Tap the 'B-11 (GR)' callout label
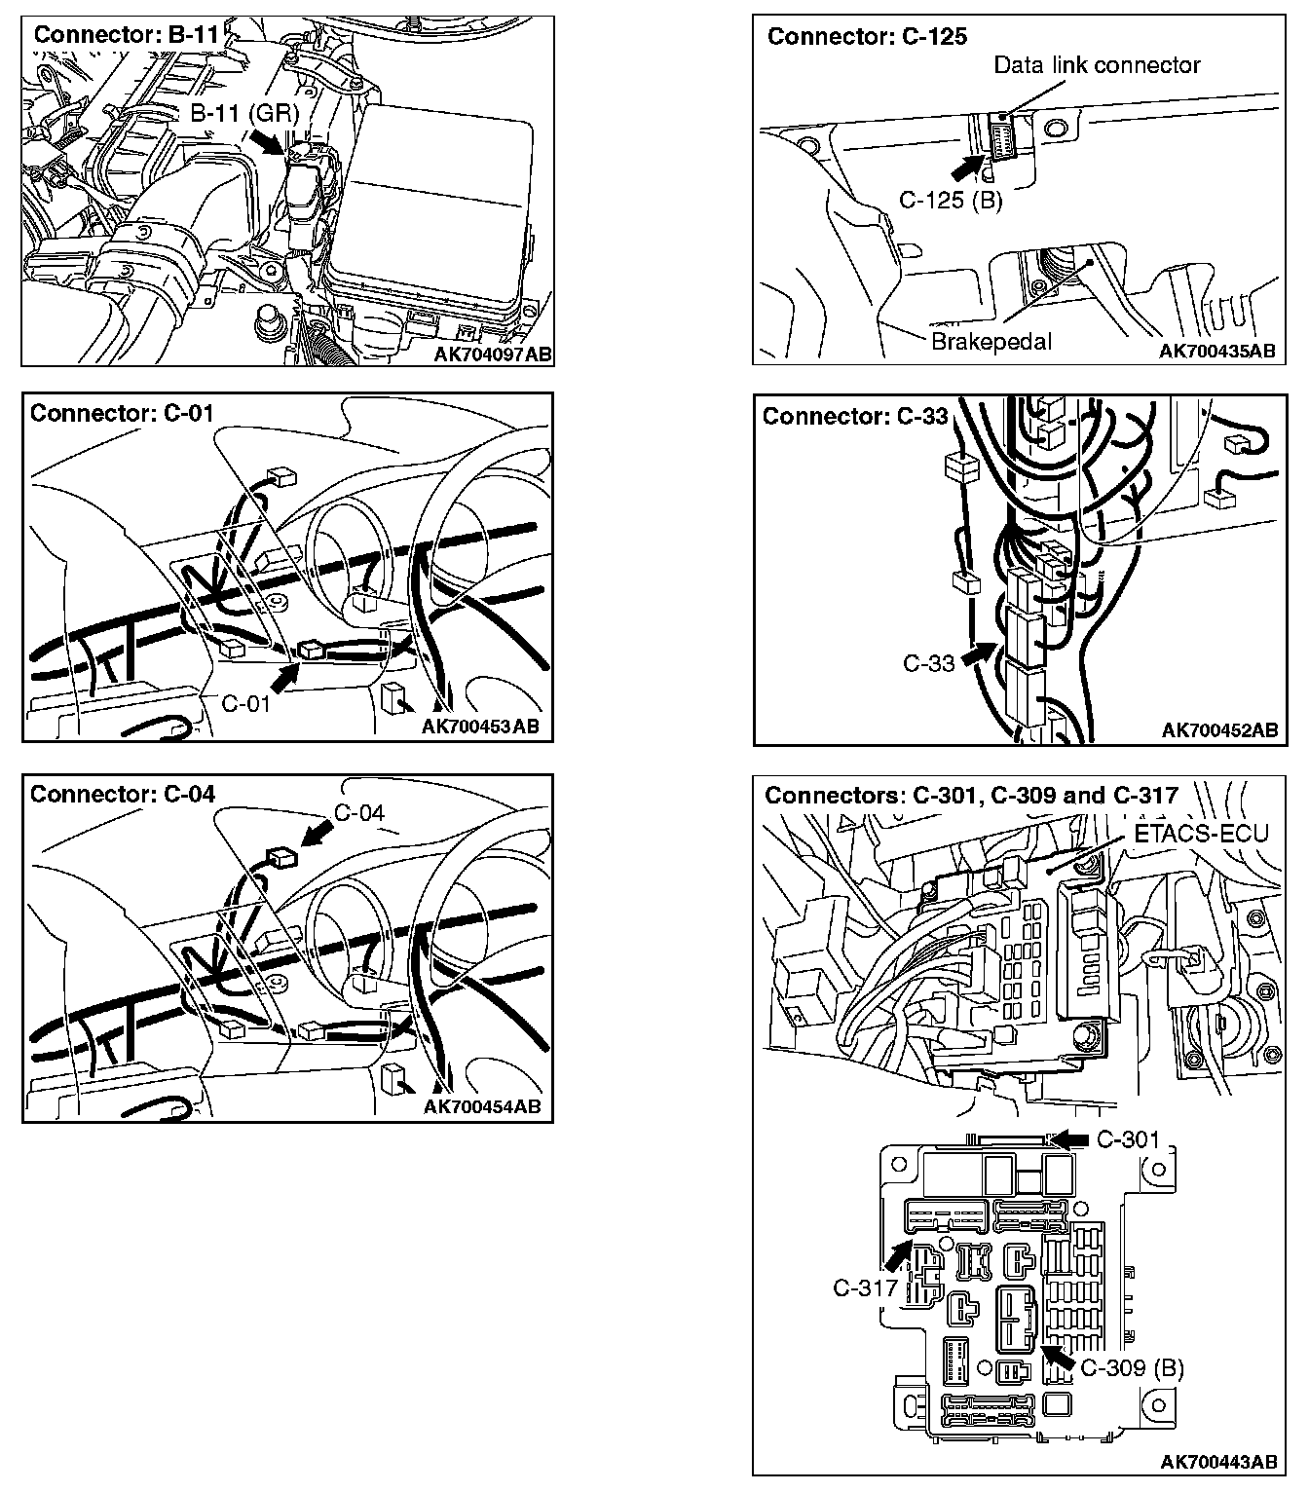click(243, 113)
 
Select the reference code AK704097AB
click(492, 354)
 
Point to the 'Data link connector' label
click(1097, 65)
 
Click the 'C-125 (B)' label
click(950, 201)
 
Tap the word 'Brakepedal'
click(991, 342)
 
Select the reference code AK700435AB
click(1216, 351)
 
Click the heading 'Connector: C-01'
click(122, 413)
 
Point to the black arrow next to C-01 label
click(284, 673)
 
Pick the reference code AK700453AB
click(480, 726)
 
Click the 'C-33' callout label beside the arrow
click(928, 663)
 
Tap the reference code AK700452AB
click(1218, 730)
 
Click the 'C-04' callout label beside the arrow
click(359, 812)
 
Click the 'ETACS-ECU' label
click(1201, 835)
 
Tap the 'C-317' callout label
click(865, 1287)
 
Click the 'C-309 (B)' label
click(1132, 1368)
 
